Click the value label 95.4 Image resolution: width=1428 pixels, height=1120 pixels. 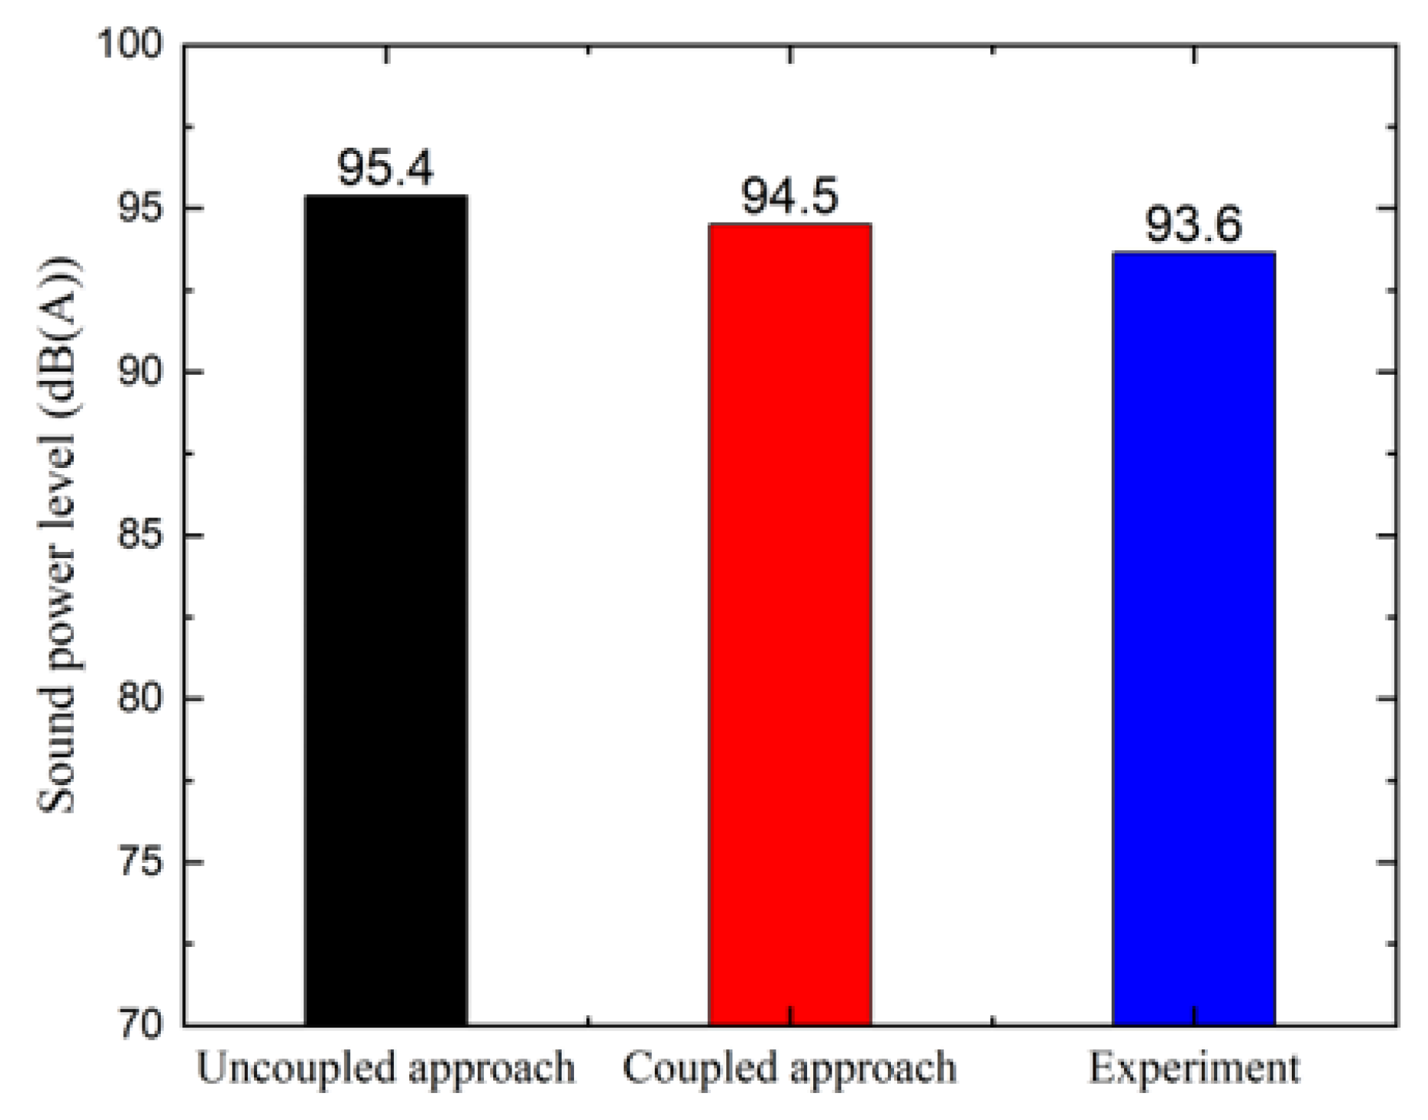pos(386,168)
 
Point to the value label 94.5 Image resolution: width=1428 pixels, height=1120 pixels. pos(789,196)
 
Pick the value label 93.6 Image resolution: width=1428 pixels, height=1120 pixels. pos(1193,226)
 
